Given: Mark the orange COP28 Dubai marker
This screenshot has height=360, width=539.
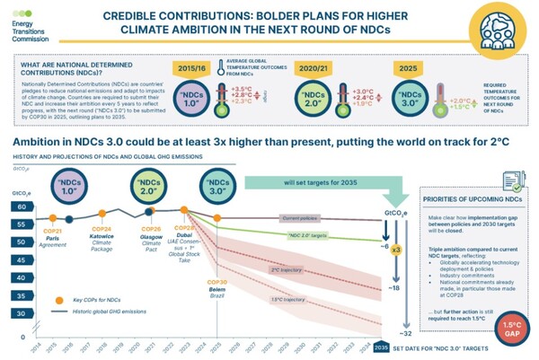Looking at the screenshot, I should [x=187, y=208].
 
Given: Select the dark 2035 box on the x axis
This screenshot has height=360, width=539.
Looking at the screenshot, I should [x=381, y=347].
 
